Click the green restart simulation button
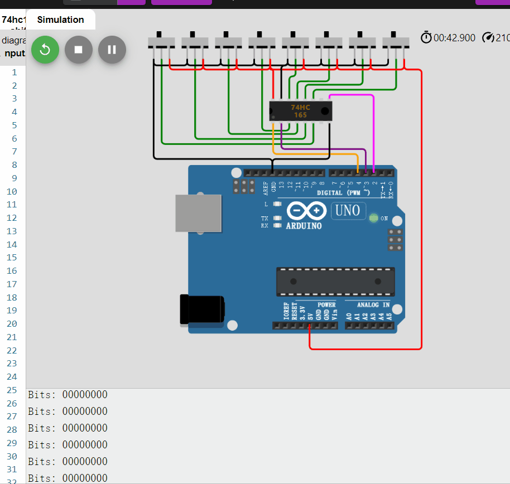[45, 50]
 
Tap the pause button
[112, 50]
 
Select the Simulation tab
[60, 20]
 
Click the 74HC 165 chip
[300, 111]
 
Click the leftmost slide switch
[161, 42]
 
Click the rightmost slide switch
[396, 42]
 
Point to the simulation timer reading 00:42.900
[454, 38]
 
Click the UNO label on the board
[349, 211]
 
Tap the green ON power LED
[373, 217]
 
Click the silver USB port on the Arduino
[198, 213]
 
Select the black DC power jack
[201, 309]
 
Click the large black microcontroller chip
[335, 282]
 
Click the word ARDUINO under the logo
[304, 226]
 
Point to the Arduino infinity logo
[306, 211]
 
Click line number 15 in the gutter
[14, 258]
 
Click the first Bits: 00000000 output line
[68, 395]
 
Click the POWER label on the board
[326, 305]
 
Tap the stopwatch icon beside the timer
[426, 37]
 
